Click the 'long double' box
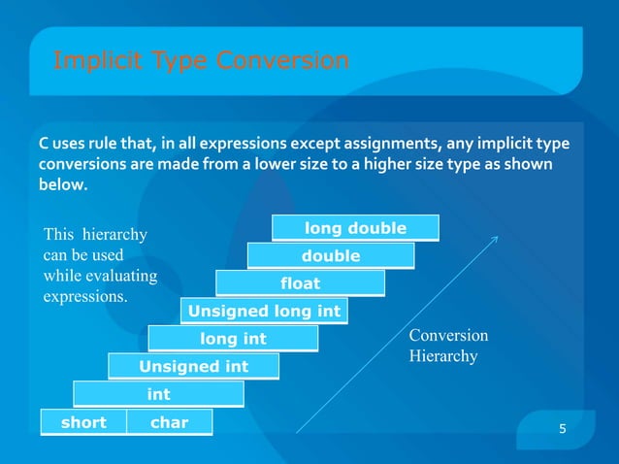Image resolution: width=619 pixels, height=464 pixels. point(355,228)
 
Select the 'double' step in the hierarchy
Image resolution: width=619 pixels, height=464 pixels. point(331,255)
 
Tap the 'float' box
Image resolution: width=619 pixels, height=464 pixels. point(300,283)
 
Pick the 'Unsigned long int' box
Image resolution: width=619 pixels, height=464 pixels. point(264,312)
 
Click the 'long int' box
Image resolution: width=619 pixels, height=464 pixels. point(233,339)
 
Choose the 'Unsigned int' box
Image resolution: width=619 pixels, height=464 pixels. point(194,366)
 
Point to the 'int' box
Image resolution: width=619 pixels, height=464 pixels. point(158,394)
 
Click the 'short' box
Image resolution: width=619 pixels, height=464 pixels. point(83,422)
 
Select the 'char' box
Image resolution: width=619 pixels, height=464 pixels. point(169,422)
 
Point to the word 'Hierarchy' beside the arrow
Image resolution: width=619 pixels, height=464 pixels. point(443,356)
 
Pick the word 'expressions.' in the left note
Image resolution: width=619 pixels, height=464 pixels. point(85,296)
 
